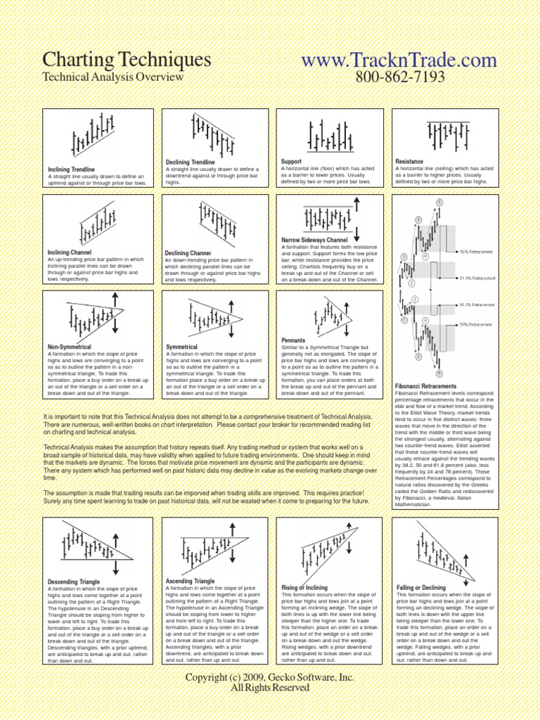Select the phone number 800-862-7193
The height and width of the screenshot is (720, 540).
tap(399, 77)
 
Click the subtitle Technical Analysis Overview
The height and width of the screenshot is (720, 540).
tap(113, 77)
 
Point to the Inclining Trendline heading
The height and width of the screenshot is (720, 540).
tap(71, 169)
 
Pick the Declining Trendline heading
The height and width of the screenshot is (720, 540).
tap(190, 162)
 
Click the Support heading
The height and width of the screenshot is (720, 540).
tap(291, 162)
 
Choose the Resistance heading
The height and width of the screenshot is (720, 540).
tap(409, 162)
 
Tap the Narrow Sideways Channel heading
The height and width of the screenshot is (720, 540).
tap(314, 240)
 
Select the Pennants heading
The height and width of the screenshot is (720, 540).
tap(295, 340)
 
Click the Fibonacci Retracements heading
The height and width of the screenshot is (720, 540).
tap(426, 386)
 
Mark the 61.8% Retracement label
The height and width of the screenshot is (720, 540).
tap(477, 278)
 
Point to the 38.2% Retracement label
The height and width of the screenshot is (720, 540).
tap(477, 305)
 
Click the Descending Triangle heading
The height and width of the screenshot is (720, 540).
tap(73, 582)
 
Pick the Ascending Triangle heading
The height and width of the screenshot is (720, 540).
tap(190, 581)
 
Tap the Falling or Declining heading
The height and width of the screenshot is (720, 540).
tap(420, 587)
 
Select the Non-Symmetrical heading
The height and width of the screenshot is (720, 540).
tap(70, 347)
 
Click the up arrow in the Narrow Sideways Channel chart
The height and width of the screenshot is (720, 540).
tap(357, 206)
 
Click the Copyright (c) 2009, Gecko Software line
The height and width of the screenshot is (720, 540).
tap(270, 677)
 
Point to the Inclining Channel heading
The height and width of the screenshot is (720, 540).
tap(70, 252)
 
